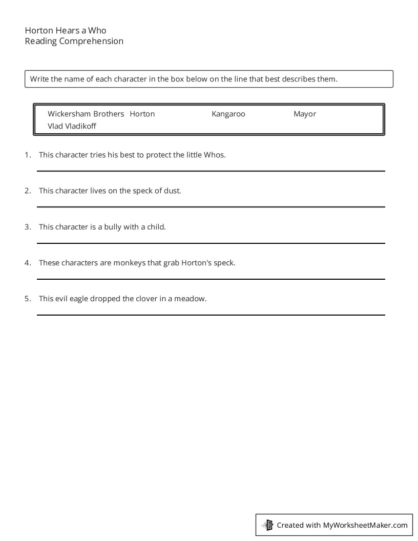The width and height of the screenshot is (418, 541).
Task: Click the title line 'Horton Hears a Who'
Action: [66, 30]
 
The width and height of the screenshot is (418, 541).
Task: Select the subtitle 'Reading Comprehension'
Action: [74, 41]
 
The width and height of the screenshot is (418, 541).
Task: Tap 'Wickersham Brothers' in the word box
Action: [86, 114]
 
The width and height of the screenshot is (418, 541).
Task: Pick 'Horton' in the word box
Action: [142, 114]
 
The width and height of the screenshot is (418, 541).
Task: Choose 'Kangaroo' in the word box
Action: [228, 114]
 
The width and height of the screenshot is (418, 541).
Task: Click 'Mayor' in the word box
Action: [304, 114]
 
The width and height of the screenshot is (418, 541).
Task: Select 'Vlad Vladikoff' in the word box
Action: [72, 126]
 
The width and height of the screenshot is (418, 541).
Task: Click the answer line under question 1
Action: [211, 171]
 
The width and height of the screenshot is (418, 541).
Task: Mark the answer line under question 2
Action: [211, 206]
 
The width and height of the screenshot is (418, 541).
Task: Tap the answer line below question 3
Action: [211, 243]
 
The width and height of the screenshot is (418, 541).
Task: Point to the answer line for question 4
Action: [211, 279]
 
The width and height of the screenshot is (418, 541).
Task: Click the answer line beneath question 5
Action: [211, 315]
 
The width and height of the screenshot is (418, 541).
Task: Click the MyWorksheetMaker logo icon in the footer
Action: [267, 525]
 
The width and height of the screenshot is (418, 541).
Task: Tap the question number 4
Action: [28, 263]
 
